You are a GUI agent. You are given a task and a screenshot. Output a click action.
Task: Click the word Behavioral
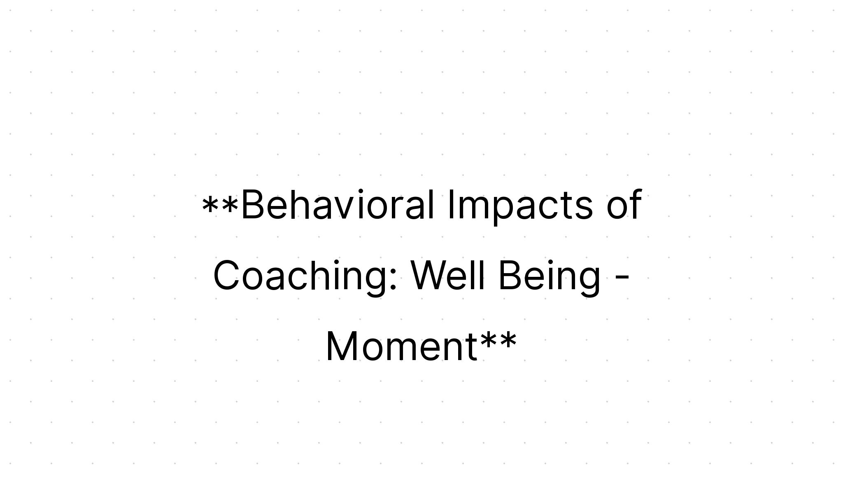pyautogui.click(x=338, y=205)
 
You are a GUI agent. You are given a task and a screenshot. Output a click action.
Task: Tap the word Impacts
pyautogui.click(x=520, y=205)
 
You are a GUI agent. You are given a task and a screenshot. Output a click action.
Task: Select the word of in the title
pyautogui.click(x=624, y=205)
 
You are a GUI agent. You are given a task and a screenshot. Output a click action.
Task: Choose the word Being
pyautogui.click(x=549, y=276)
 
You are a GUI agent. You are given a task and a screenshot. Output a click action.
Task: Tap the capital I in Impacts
pyautogui.click(x=451, y=205)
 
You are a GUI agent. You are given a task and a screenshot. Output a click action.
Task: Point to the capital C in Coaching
pyautogui.click(x=226, y=276)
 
